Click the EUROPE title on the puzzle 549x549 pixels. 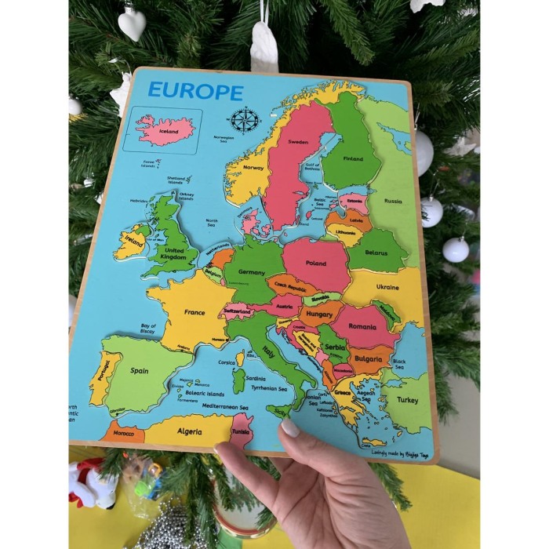pyautogui.click(x=195, y=91)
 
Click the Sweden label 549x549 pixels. pyautogui.click(x=298, y=142)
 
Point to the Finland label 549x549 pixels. pyautogui.click(x=353, y=158)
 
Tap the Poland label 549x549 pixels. pyautogui.click(x=316, y=264)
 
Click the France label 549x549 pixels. pyautogui.click(x=195, y=311)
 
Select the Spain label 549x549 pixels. pyautogui.click(x=140, y=370)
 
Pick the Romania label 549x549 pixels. pyautogui.click(x=362, y=325)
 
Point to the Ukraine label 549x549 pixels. pyautogui.click(x=387, y=287)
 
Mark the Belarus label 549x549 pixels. pyautogui.click(x=377, y=254)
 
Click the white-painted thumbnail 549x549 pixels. pyautogui.click(x=290, y=428)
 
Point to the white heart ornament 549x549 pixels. pyautogui.click(x=132, y=24)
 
